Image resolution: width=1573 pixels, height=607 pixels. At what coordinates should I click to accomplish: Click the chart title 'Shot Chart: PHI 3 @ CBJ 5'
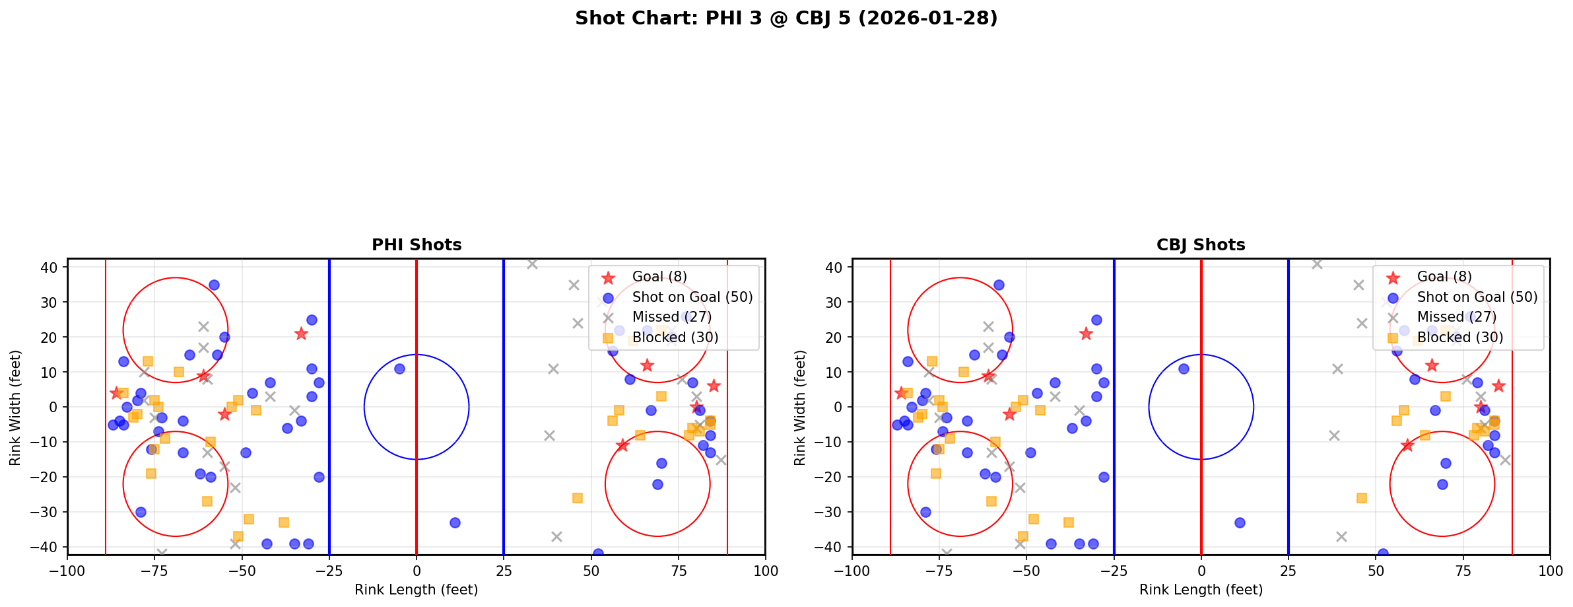point(786,18)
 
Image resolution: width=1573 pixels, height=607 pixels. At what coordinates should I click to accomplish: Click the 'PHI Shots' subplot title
point(417,245)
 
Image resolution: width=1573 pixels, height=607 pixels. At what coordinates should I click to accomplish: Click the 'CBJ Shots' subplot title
point(1201,245)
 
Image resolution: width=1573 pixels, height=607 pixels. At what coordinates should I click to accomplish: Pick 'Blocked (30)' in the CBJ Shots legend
point(1460,338)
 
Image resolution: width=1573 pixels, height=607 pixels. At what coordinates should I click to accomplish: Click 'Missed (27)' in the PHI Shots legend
point(671,317)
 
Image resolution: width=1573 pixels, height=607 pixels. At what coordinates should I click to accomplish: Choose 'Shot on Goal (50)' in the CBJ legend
point(1477,297)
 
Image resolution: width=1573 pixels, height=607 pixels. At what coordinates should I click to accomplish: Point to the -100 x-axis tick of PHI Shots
point(67,571)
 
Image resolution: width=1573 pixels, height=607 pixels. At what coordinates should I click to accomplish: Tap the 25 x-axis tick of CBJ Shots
point(1289,571)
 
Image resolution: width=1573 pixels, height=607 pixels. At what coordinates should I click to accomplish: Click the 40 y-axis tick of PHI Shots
point(51,268)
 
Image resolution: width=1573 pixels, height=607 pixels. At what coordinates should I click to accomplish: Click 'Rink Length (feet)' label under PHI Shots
point(417,590)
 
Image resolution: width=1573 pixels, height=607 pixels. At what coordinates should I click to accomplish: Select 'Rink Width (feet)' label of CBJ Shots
point(800,407)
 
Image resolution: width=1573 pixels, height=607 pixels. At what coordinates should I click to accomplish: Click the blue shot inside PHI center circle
point(399,369)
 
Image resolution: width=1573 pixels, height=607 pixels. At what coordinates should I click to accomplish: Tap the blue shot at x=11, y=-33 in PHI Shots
point(455,522)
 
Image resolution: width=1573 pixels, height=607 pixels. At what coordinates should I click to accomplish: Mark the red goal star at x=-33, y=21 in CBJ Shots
point(1086,334)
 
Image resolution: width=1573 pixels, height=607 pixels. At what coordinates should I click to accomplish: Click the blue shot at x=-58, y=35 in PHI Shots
point(214,285)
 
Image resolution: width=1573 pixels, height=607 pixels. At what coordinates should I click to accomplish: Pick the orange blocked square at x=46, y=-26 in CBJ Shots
point(1361,498)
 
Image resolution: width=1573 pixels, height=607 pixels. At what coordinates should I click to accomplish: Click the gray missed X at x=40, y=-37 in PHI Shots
point(556,536)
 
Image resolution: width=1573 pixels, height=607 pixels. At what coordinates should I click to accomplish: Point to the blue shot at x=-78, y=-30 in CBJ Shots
point(925,512)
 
